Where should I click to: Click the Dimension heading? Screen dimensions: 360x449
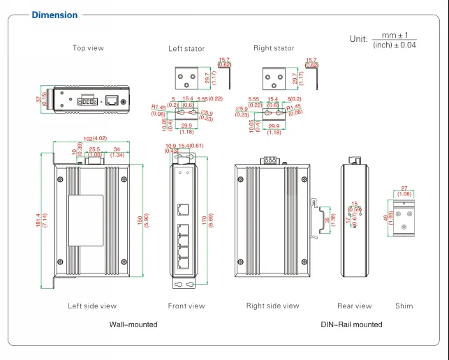pos(54,15)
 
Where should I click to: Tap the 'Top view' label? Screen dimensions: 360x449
pos(88,48)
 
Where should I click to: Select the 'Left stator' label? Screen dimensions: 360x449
pos(186,49)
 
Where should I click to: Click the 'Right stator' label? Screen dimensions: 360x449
pos(274,49)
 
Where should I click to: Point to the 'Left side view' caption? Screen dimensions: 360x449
pos(92,306)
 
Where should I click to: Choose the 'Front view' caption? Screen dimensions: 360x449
pos(186,306)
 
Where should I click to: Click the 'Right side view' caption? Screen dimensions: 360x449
pos(272,306)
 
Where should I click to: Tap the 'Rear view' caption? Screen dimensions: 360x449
pos(355,306)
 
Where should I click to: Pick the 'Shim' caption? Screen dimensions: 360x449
pos(404,306)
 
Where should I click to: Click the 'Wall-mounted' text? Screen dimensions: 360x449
pos(133,324)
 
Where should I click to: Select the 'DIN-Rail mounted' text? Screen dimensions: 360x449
pos(351,324)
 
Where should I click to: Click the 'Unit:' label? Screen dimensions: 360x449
pos(358,39)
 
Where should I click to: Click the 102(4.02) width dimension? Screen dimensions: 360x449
pos(90,138)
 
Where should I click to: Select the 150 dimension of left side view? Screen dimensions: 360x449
pos(139,219)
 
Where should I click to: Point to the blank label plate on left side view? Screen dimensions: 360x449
pos(86,219)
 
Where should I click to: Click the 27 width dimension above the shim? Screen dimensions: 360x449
pos(404,188)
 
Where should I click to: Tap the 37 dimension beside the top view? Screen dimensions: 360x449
pos(40,100)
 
